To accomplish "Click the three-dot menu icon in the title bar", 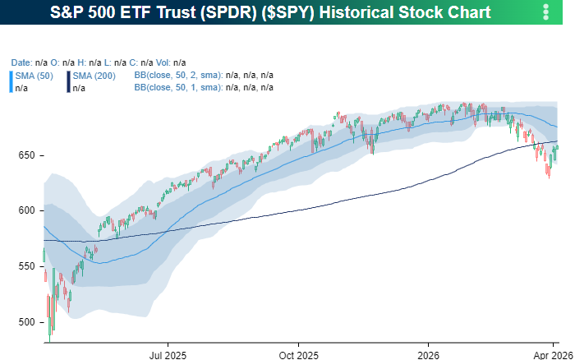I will [x=546, y=12].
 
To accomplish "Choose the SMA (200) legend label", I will [x=93, y=75].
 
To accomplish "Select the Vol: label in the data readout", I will [x=163, y=62].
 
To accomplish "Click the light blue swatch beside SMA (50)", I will [x=11, y=81].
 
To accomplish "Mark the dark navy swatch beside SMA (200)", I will [x=68, y=81].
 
